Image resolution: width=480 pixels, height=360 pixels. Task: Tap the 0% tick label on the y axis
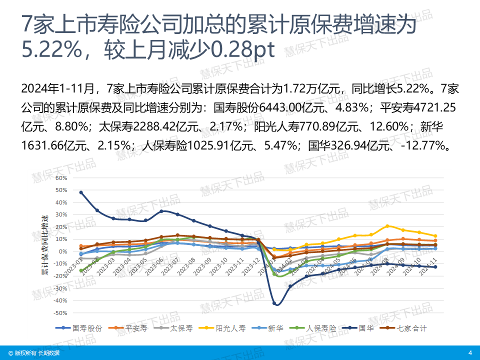coord(62,251)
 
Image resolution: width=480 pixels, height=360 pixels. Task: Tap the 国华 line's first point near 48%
coord(81,192)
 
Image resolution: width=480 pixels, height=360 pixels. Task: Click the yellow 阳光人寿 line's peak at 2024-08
coord(387,226)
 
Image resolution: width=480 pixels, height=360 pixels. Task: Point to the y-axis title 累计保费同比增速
coord(45,245)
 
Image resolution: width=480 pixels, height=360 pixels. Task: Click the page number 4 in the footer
coord(470,353)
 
